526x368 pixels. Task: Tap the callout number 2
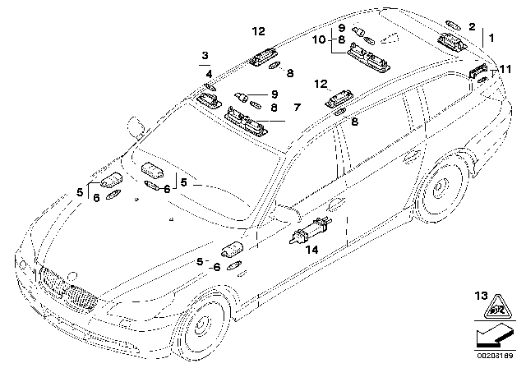[x=472, y=27]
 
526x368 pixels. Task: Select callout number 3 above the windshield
[x=203, y=56]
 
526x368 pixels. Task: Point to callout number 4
[x=209, y=74]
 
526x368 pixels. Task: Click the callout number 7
[x=297, y=108]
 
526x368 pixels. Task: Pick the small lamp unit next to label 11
[x=479, y=72]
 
